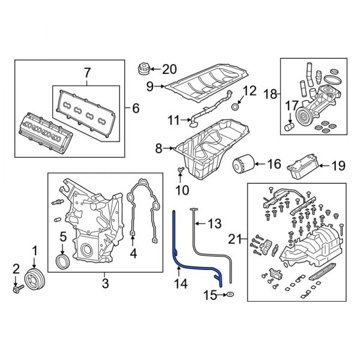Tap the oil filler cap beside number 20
[144, 68]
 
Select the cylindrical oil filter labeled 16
[243, 164]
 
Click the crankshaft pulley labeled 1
[34, 281]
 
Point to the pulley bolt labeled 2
[16, 289]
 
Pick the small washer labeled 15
[231, 295]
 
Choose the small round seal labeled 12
[236, 107]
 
